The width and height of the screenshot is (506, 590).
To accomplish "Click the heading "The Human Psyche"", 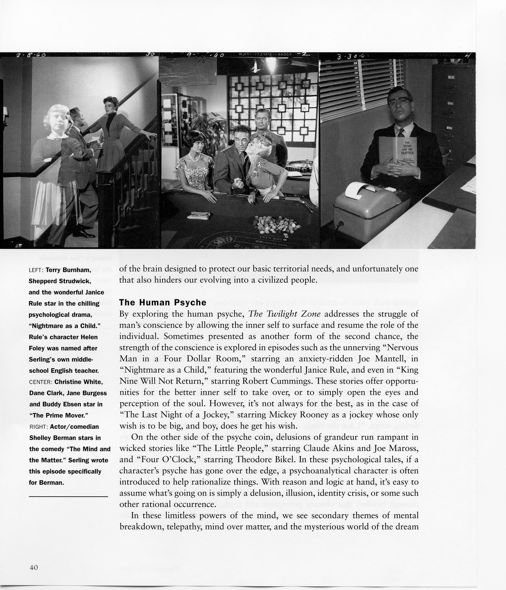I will click(162, 302).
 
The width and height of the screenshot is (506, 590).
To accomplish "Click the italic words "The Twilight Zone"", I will click(284, 314).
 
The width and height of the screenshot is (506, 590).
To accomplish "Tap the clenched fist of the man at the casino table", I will click(238, 183).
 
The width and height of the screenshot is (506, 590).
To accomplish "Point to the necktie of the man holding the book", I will click(401, 133).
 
